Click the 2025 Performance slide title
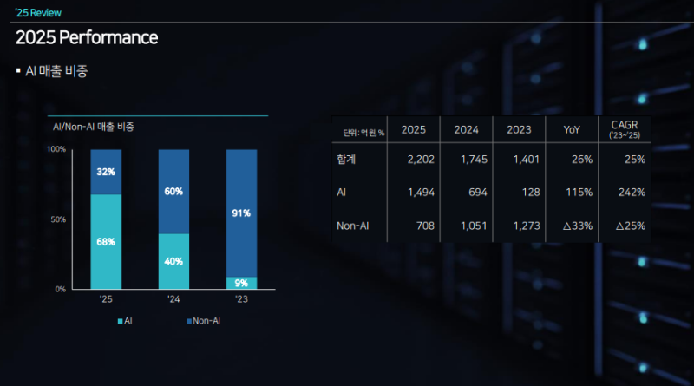click(87, 38)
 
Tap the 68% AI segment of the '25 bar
click(106, 241)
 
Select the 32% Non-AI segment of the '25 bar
click(106, 172)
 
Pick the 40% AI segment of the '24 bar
click(173, 261)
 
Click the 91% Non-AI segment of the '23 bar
click(241, 213)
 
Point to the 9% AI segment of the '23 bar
click(241, 283)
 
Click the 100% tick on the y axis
click(56, 149)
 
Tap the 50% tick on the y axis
click(58, 219)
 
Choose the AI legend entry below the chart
click(125, 321)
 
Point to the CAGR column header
click(625, 129)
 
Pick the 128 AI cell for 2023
click(519, 192)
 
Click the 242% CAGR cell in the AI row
click(627, 192)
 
